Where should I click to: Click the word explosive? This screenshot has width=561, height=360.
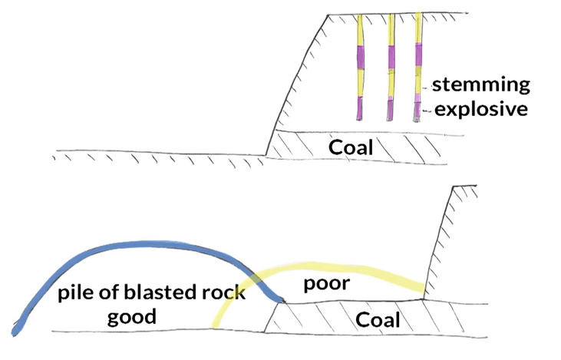(x=481, y=109)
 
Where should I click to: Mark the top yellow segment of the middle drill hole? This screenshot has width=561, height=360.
(x=390, y=31)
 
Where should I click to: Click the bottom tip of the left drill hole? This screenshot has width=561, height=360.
(x=359, y=118)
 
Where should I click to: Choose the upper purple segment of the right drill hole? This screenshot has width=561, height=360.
(x=418, y=55)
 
